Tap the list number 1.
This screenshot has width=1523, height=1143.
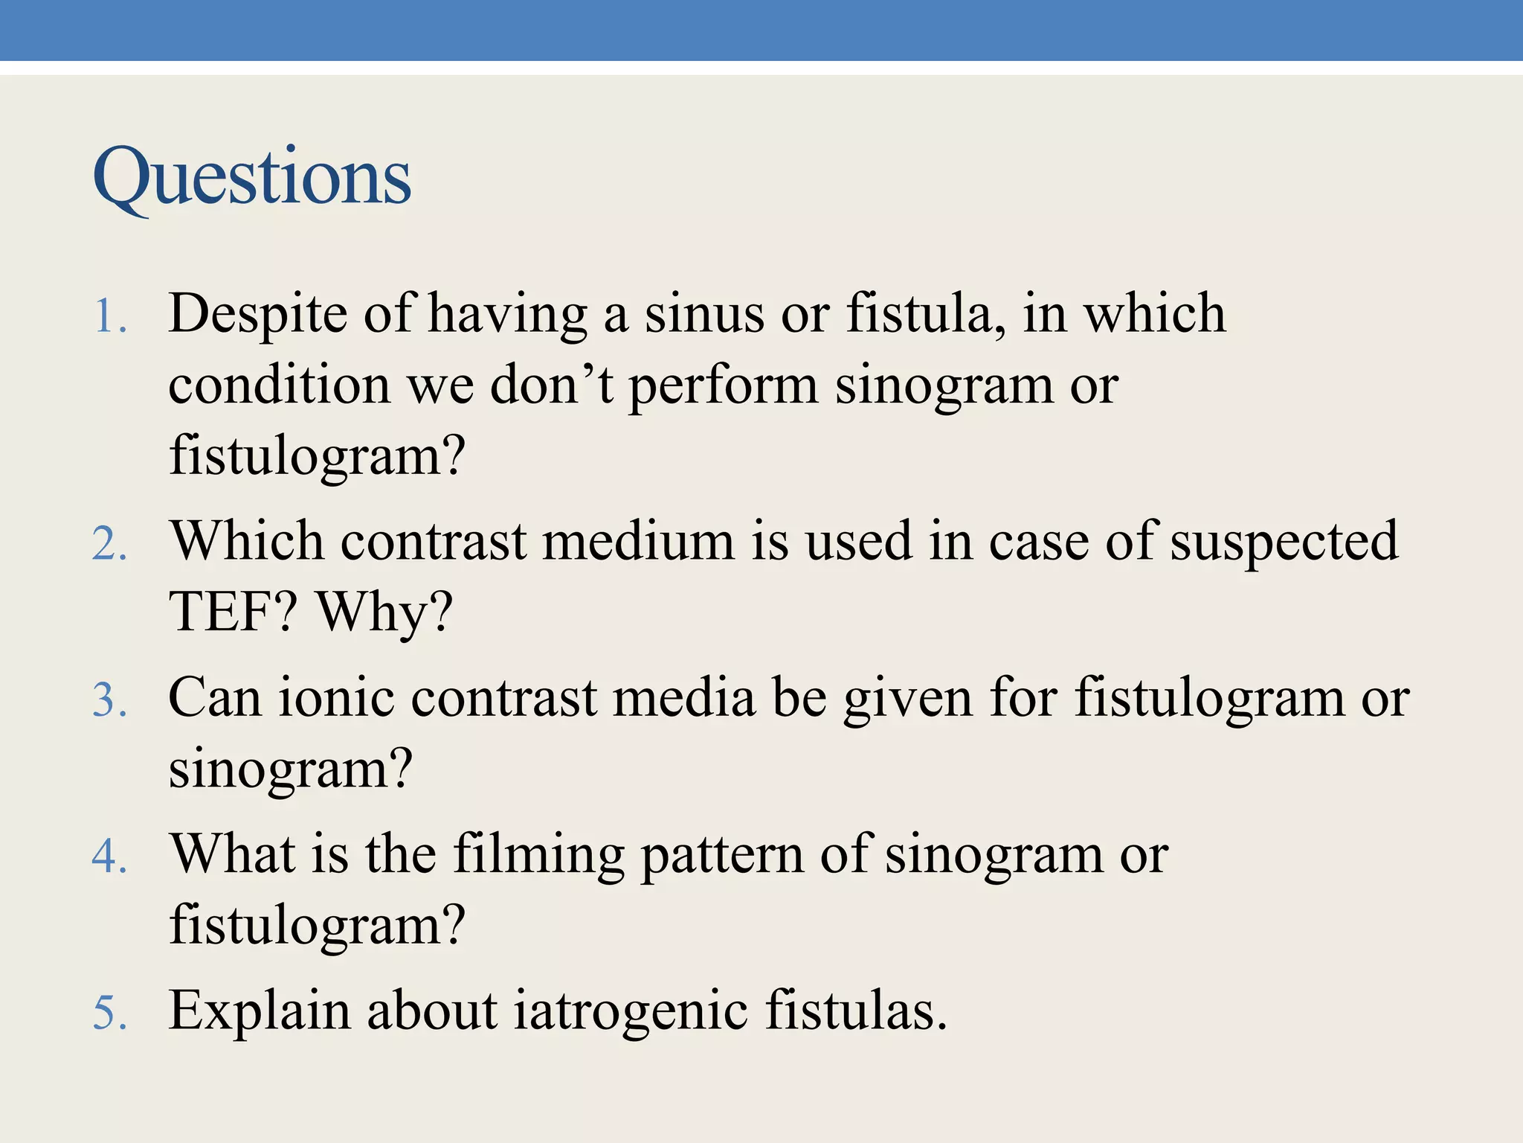[x=110, y=317]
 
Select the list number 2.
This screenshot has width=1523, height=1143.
[x=110, y=544]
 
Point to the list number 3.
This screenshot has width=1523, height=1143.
[x=110, y=701]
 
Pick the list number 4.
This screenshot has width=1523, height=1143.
[x=110, y=857]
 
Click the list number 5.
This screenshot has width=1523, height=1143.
[x=110, y=1014]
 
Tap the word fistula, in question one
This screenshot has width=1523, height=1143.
[x=926, y=314]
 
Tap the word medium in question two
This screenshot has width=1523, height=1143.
[x=639, y=541]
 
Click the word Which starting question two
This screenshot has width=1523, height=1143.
[x=246, y=541]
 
